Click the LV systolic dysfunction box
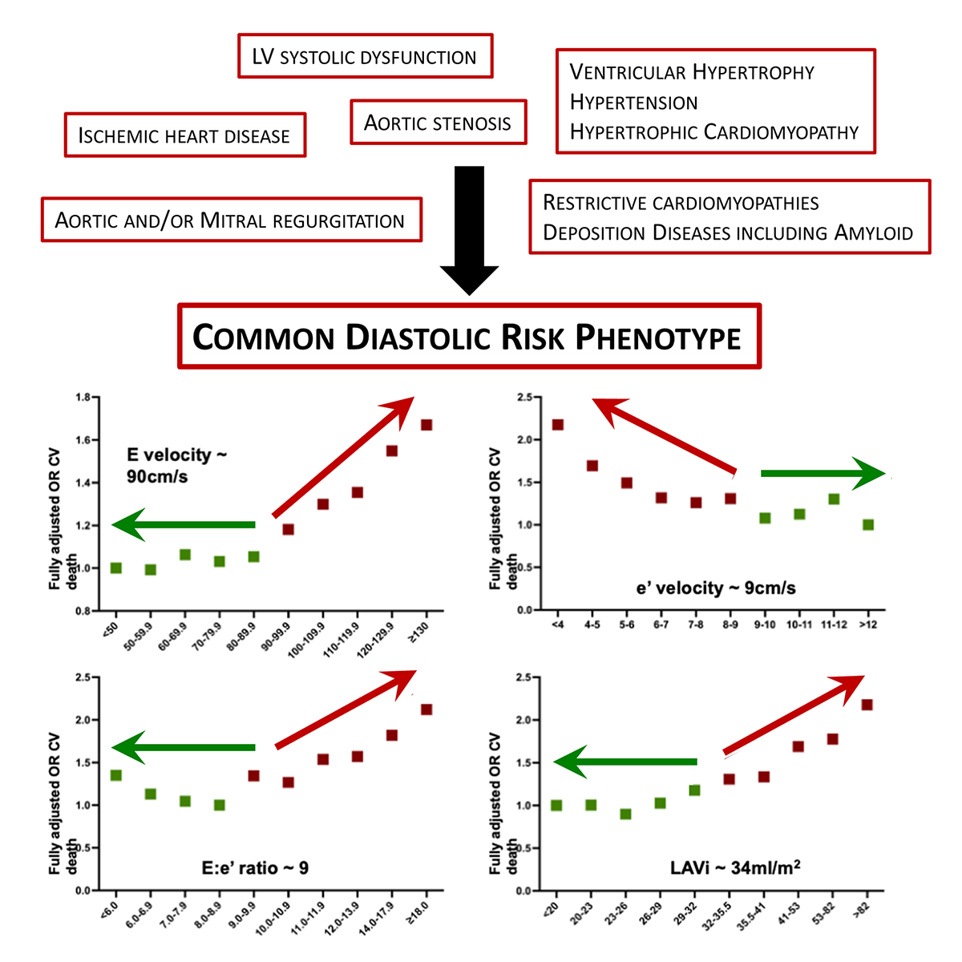365,56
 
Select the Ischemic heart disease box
184,135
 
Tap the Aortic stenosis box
438,123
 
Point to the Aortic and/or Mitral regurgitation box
231,220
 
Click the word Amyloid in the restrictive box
874,233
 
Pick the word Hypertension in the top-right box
633,103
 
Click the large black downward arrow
469,228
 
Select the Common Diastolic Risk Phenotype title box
469,337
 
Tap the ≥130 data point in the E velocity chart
426,425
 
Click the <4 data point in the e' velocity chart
558,425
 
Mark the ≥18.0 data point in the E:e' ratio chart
426,709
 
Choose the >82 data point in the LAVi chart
867,705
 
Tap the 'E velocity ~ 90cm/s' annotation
176,465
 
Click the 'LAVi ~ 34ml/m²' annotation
735,867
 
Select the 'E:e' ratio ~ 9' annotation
255,867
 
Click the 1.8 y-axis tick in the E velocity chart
83,398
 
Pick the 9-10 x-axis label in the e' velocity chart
765,624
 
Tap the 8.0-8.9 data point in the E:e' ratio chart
220,805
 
